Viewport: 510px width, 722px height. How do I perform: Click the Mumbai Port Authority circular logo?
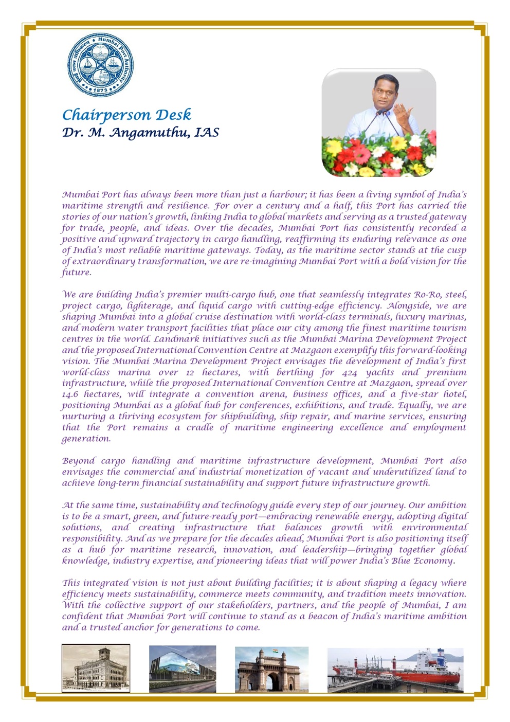coord(100,65)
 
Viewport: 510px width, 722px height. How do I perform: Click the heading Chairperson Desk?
coord(126,114)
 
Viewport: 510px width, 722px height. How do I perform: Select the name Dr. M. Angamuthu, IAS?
coord(140,133)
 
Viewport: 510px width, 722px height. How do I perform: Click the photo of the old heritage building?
coord(96,668)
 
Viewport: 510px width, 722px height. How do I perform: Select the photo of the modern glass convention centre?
coord(183,669)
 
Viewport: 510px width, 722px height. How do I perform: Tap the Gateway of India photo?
coord(271,669)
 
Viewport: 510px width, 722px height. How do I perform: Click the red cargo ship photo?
coord(395,670)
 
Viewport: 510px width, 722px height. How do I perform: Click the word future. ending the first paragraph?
coord(76,273)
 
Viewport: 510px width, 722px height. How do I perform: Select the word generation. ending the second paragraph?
coord(86,439)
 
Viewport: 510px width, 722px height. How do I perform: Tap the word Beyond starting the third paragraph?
coord(77,461)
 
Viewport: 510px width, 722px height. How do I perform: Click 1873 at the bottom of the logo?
coord(100,90)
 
